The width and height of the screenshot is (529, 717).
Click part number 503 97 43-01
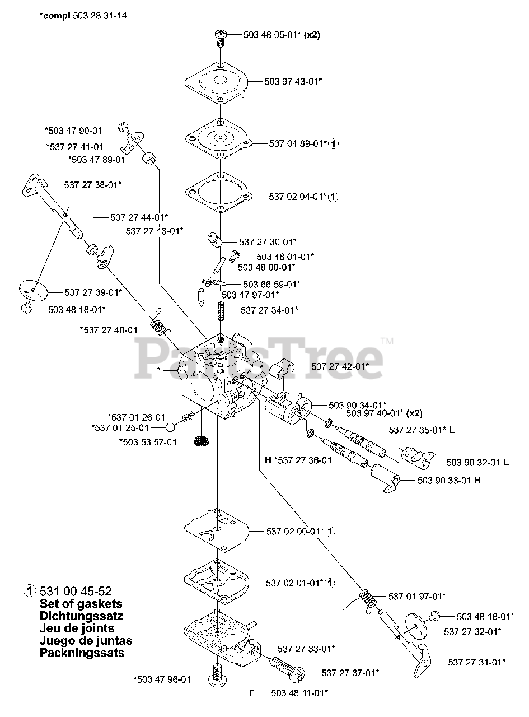(293, 81)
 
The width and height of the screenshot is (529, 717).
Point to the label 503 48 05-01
(273, 34)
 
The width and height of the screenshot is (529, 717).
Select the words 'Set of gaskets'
(81, 604)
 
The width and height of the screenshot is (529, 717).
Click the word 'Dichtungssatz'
(82, 616)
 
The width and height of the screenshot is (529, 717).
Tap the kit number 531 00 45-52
(76, 591)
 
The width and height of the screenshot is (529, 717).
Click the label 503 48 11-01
(299, 693)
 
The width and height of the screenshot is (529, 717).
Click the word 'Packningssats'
(82, 653)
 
